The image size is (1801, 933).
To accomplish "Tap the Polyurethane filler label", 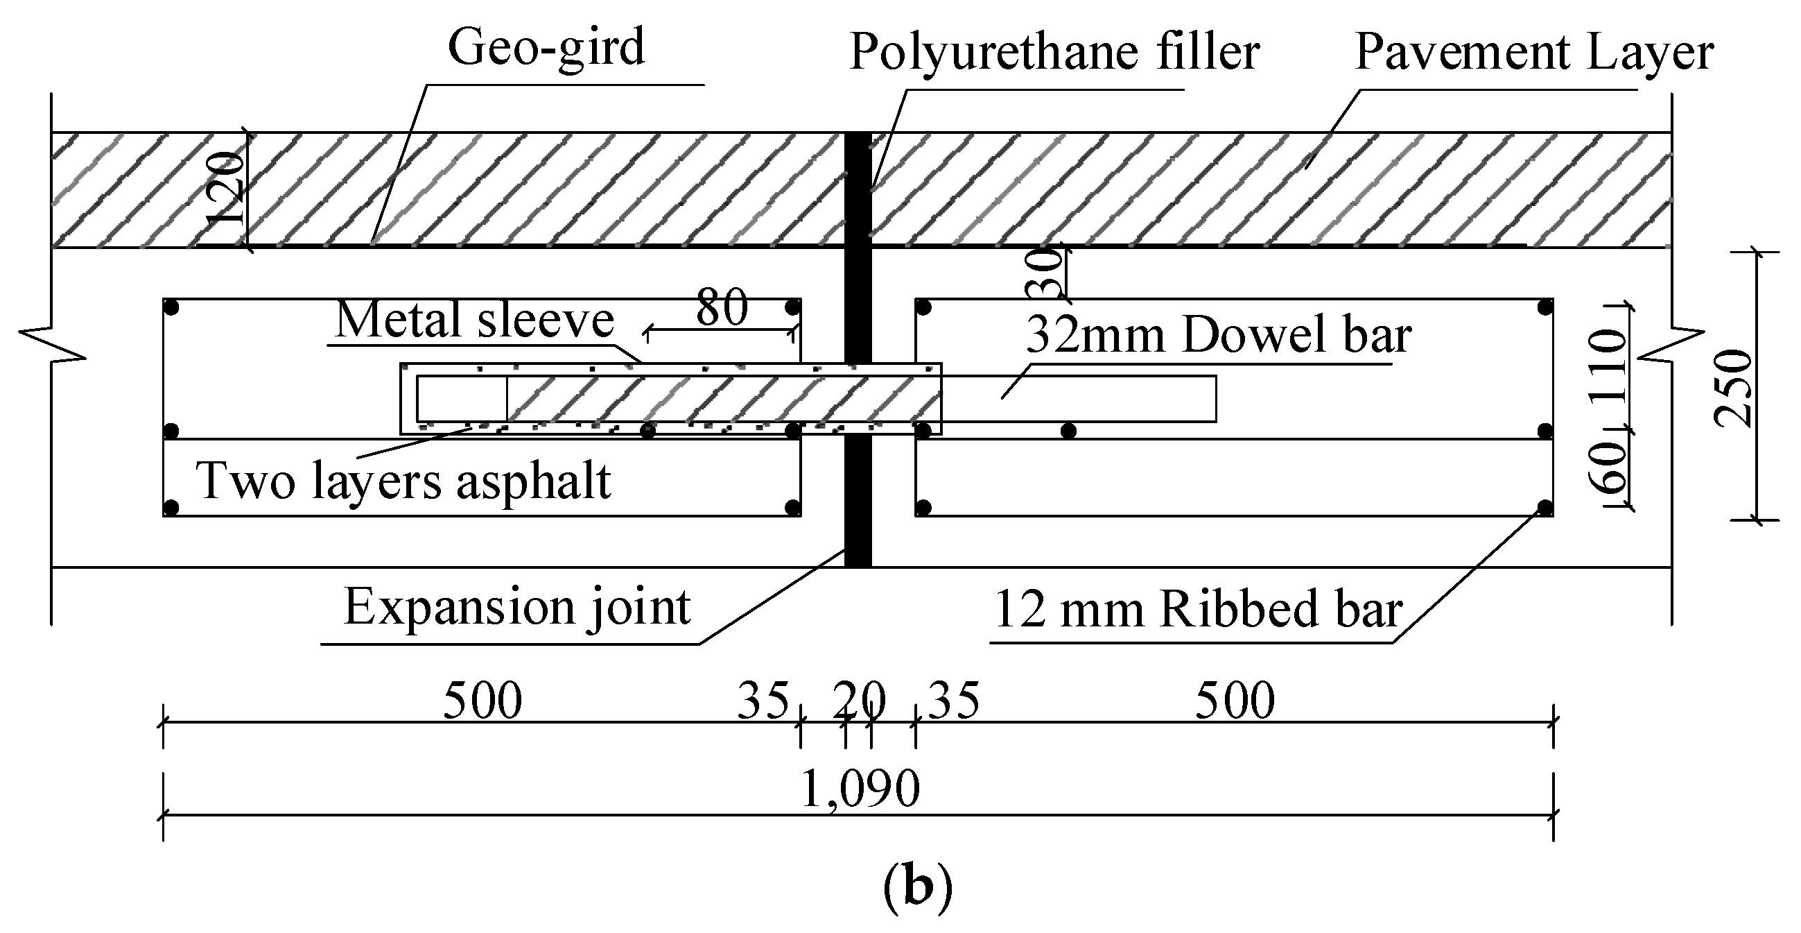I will [x=1054, y=52].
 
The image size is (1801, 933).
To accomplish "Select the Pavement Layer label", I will [x=1534, y=52].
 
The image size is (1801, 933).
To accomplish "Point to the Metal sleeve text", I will [x=475, y=320].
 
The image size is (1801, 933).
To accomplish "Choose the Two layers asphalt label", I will [x=404, y=482].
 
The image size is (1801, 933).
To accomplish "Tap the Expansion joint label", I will [x=517, y=607].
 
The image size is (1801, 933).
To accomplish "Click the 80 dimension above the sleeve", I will [x=722, y=307].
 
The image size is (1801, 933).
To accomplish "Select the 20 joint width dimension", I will [x=858, y=700].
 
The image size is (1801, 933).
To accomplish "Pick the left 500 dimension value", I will [x=482, y=700].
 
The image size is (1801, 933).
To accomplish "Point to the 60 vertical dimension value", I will [x=1607, y=468].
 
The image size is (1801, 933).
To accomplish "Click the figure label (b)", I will [x=917, y=887].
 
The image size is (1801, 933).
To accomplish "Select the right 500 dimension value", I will [x=1235, y=700].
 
